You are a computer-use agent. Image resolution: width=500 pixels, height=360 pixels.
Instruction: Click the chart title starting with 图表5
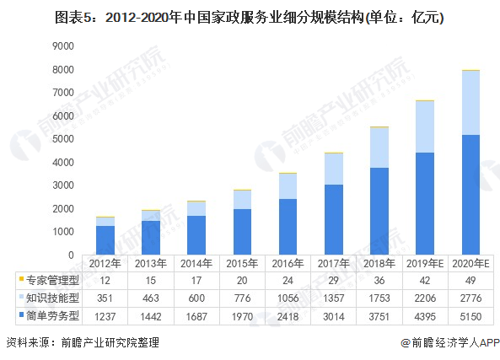(250, 16)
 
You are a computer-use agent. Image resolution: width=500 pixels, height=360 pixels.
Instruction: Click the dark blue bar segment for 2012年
(105, 239)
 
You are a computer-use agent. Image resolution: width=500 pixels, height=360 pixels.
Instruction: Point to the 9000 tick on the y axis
(62, 46)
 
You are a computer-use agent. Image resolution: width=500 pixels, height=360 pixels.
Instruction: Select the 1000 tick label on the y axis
(62, 232)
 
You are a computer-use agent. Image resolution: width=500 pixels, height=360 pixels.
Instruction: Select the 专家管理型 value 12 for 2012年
(105, 280)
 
